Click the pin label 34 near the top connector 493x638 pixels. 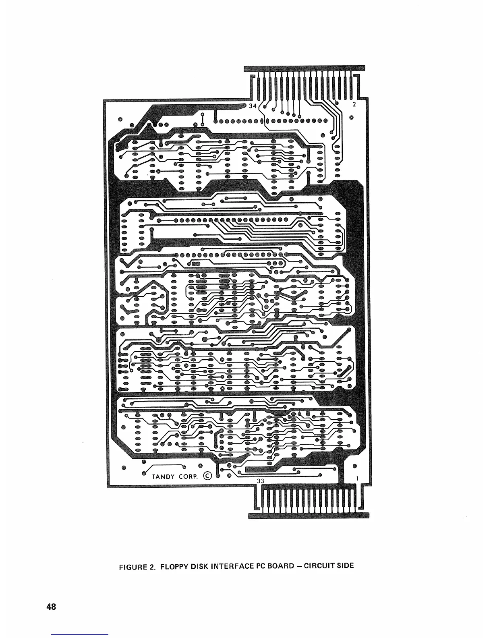click(253, 106)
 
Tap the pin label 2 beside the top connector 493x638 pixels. click(354, 105)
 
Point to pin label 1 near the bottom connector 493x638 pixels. click(357, 478)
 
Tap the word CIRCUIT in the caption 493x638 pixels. click(318, 566)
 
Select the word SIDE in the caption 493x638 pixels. click(345, 565)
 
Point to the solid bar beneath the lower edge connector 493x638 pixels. click(309, 516)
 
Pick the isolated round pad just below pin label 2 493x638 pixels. click(352, 118)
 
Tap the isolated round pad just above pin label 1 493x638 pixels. click(354, 466)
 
